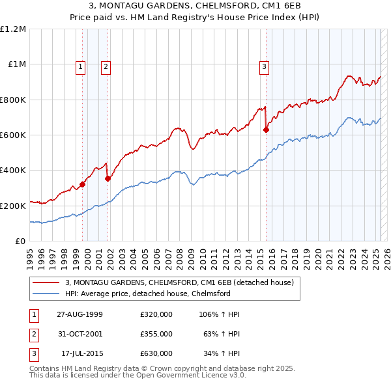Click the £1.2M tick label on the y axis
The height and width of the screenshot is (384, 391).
pos(13,29)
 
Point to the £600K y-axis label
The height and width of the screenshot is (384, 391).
pos(13,135)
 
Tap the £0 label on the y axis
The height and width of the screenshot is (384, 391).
pos(20,241)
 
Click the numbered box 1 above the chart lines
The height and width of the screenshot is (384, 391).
pos(80,66)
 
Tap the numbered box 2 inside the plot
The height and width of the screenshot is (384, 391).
pos(106,66)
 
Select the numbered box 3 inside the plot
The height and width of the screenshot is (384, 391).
pos(264,66)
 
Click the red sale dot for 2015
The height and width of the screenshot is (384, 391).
pos(266,130)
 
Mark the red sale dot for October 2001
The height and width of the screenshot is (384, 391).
pos(108,178)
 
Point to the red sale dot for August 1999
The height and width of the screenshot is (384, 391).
pos(83,184)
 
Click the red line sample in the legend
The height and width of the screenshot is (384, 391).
pos(46,283)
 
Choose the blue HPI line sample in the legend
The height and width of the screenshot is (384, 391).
pos(46,294)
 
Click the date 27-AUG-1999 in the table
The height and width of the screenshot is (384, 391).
pos(80,314)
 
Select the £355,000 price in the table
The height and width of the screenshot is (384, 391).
pos(156,334)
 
